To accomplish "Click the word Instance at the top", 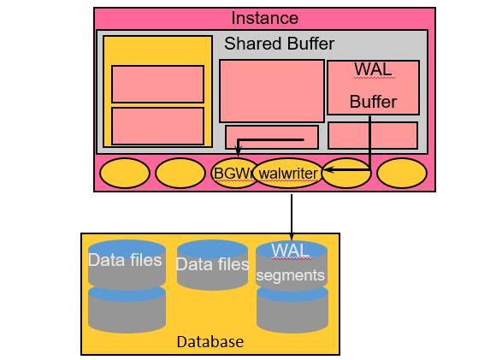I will pos(265,18).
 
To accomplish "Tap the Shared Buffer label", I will pos(279,44).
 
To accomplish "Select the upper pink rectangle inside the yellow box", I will pos(157,84).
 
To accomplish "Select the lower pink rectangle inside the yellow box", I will pos(157,125).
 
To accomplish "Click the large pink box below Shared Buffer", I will pos(271,91).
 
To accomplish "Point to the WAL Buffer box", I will pos(373,86).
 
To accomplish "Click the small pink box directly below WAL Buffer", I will pos(373,135).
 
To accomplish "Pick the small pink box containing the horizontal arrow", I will pos(271,137).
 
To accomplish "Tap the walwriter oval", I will pos(286,174).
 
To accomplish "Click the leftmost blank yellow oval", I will pos(125,173).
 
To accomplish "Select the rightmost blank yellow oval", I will pos(401,173).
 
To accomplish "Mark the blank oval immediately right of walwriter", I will pos(346,173).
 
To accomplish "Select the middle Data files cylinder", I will pos(212,265).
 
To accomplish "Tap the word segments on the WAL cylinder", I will pos(291,275).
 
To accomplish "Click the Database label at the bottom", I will pos(210,342).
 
